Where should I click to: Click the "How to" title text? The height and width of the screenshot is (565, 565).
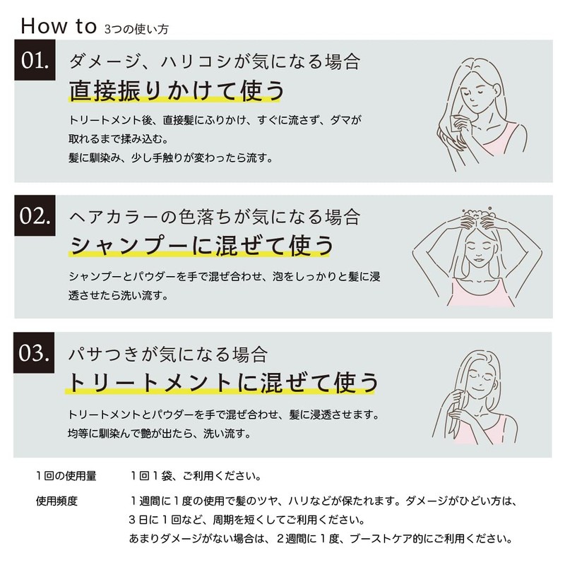pos(59,26)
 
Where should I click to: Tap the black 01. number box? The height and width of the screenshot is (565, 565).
pos(35,60)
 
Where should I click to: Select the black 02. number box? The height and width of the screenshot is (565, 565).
pos(35,215)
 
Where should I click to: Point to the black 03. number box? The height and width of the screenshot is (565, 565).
pos(34,352)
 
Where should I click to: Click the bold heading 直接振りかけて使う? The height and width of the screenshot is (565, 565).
pos(177,90)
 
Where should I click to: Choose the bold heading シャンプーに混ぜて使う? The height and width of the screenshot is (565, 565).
pos(201,246)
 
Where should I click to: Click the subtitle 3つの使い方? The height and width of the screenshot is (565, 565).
pos(136,29)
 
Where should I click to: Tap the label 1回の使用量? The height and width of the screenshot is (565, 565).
pos(66,476)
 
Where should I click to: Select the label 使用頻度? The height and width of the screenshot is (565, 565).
pos(56,501)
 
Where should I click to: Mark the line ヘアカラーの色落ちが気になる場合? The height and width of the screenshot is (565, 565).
pos(215,217)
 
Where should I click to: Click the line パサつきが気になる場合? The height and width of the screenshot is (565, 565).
pos(168,354)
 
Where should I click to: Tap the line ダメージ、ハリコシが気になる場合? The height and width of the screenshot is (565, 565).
pos(215,61)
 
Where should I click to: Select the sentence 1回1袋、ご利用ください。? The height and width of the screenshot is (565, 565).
pos(196,476)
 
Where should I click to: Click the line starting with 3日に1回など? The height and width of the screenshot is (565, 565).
pos(247,520)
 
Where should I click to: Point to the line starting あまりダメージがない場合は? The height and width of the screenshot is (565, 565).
pos(321,539)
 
